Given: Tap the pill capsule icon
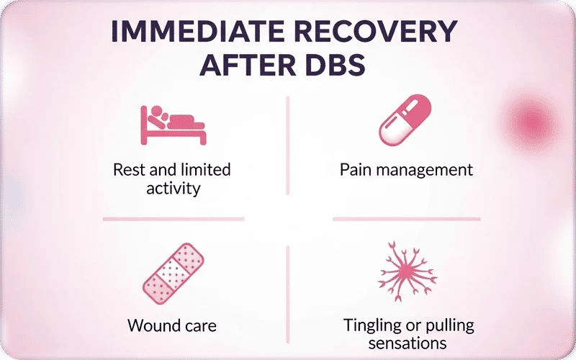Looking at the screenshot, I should tap(405, 121).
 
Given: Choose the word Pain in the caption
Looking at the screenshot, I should tap(356, 170).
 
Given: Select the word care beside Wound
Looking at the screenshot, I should tap(200, 325).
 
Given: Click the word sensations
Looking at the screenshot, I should tap(408, 343).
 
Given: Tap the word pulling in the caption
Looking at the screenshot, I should tap(449, 325).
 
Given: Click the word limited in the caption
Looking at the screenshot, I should tap(206, 170).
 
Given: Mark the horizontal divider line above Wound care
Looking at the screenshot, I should tap(173, 218).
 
